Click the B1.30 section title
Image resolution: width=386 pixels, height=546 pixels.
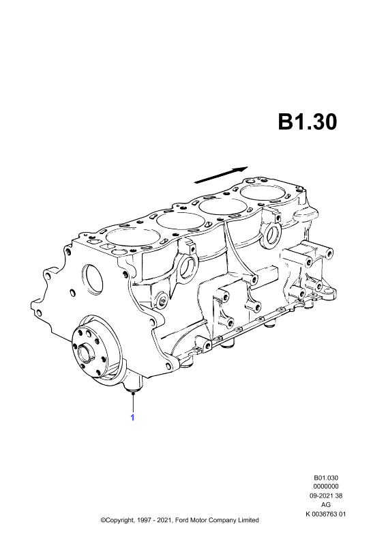[x=308, y=122]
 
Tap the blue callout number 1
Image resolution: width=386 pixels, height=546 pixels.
[x=132, y=417]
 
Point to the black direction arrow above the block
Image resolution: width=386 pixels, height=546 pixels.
[x=222, y=175]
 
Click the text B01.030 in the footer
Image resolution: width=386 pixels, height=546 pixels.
[x=326, y=478]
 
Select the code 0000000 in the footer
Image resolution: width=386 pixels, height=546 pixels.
[x=326, y=487]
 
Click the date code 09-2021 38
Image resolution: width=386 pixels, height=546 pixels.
[x=326, y=496]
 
